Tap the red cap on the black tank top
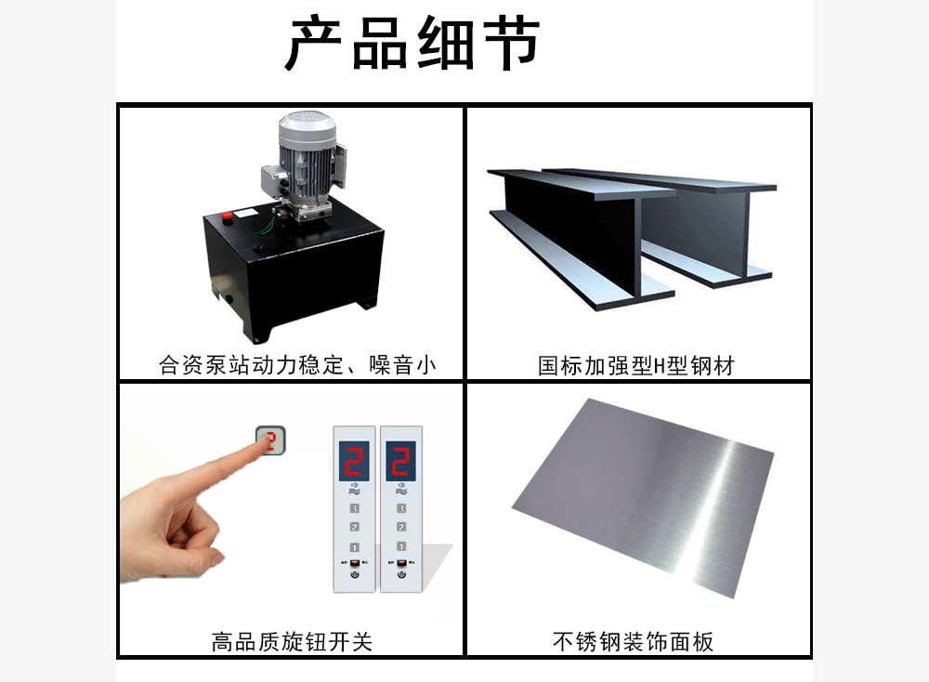(x=228, y=216)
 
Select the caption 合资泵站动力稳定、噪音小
(x=297, y=365)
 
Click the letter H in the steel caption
(x=659, y=366)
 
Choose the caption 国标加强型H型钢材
(x=635, y=365)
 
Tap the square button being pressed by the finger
(x=270, y=440)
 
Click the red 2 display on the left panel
(x=354, y=461)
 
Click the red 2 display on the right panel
(x=401, y=461)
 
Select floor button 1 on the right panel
(x=401, y=546)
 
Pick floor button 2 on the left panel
(x=354, y=527)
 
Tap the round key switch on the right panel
(x=401, y=574)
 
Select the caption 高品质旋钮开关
(x=292, y=642)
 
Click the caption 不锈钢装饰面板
(x=633, y=642)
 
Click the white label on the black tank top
(x=244, y=212)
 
